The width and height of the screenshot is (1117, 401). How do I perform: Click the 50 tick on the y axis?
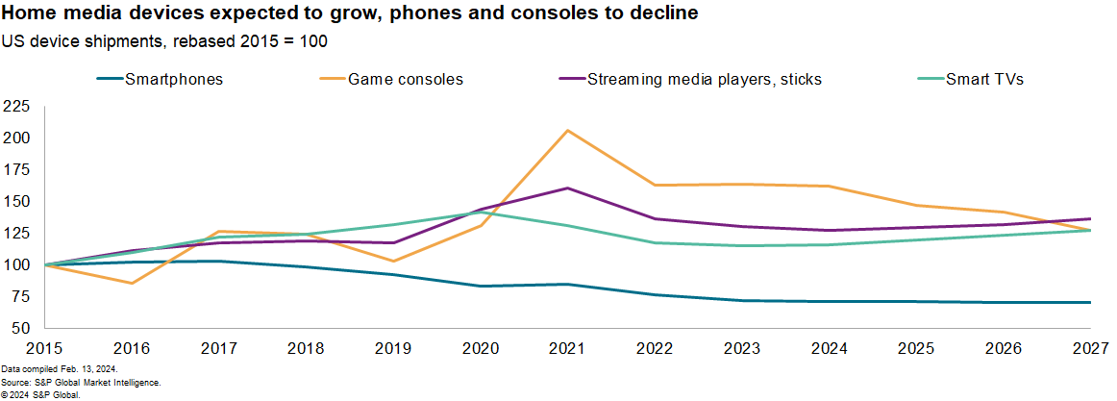tap(21, 329)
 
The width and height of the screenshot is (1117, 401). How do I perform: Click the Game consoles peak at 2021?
tap(567, 130)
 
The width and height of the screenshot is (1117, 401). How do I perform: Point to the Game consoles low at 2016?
tap(131, 283)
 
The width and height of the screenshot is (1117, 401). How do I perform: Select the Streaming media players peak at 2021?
tap(567, 188)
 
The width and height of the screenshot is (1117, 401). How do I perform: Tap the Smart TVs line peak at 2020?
tap(480, 213)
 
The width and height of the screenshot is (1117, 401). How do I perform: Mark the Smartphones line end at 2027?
tap(1090, 302)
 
